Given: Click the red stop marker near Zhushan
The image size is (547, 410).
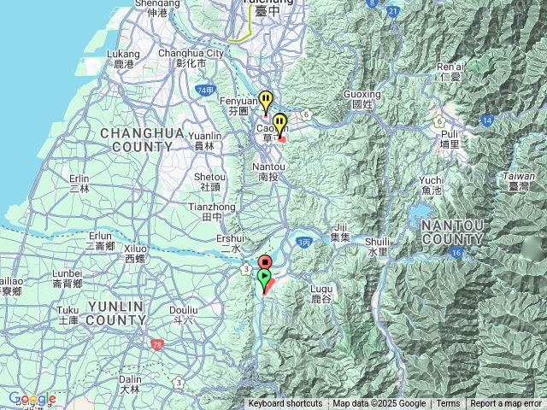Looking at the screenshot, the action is point(265,262).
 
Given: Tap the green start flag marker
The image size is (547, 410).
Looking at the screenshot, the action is point(265,278).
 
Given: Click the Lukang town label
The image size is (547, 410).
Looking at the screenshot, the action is point(123,58).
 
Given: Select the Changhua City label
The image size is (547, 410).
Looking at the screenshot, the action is point(191,57).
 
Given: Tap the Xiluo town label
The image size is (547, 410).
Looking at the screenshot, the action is point(135,253).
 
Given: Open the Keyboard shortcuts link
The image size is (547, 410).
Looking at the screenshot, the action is point(285,404).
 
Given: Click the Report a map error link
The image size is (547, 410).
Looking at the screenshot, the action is point(506,404).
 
